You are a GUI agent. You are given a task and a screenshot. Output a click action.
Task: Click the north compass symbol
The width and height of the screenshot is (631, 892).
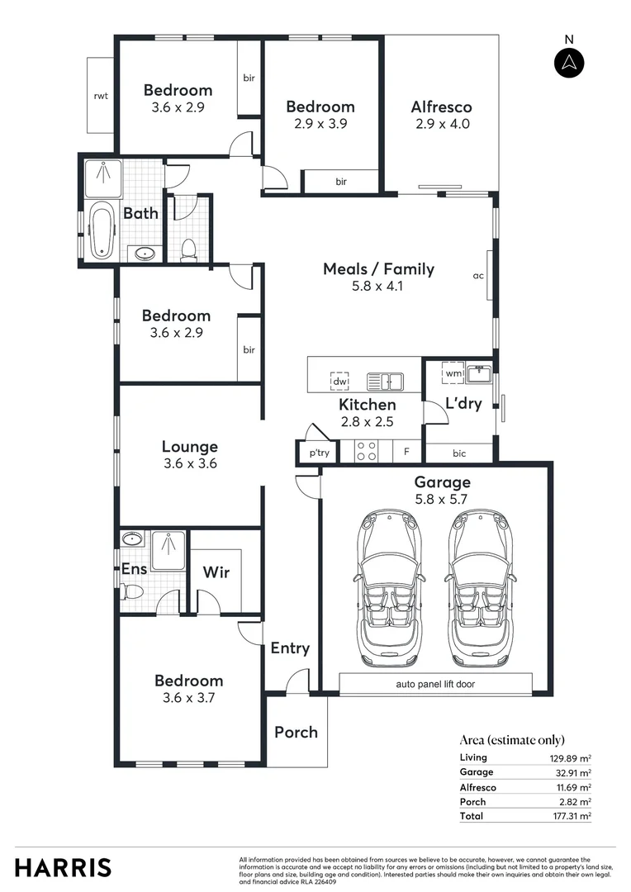click(568, 63)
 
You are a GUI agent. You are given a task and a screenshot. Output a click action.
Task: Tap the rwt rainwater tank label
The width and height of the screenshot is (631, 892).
click(101, 96)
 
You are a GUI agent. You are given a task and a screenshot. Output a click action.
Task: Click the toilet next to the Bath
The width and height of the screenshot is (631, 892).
click(188, 248)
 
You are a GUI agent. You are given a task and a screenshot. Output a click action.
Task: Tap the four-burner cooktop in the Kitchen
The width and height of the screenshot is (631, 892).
click(366, 451)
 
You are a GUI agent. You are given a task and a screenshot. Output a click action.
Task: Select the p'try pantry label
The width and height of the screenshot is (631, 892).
click(319, 453)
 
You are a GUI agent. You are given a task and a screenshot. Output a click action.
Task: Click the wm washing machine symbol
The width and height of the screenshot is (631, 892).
click(453, 373)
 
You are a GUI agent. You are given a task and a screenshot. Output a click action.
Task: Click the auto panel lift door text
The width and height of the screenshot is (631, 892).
click(435, 684)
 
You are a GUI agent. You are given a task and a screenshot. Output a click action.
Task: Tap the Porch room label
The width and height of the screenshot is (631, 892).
click(296, 732)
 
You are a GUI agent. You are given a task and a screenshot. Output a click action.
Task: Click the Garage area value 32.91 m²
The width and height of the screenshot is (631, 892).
click(573, 772)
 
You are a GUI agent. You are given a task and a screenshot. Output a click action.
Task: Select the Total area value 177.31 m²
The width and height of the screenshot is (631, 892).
click(572, 816)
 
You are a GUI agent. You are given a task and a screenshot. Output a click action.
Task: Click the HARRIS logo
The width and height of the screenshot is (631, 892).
click(63, 867)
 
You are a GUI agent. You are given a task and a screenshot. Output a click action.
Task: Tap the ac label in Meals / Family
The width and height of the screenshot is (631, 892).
click(477, 276)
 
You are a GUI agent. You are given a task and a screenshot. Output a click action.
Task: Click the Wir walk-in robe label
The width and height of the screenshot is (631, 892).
click(216, 572)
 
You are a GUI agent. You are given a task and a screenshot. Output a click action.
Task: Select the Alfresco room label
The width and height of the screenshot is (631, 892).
click(441, 107)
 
